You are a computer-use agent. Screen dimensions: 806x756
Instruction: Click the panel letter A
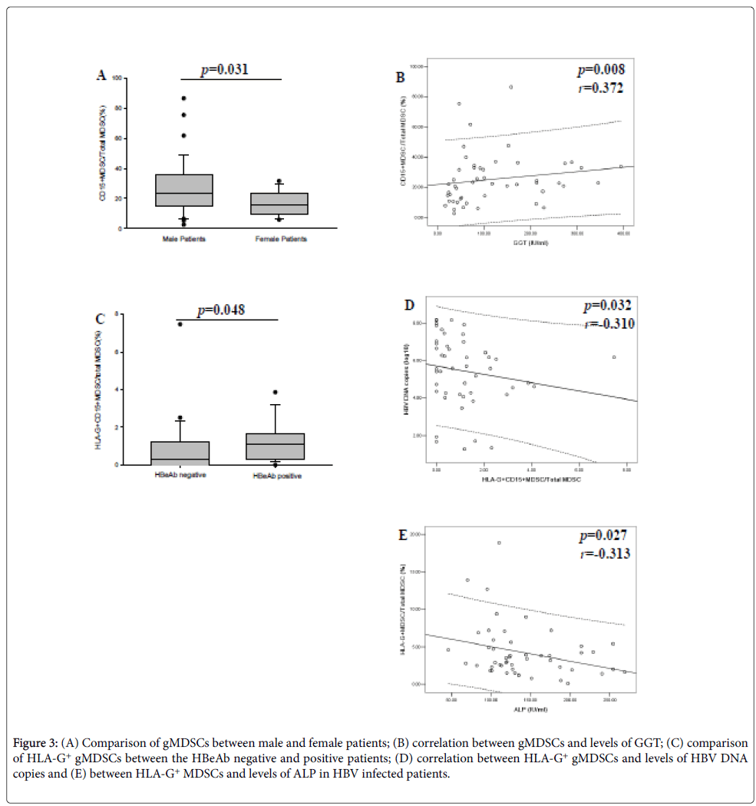(x=101, y=75)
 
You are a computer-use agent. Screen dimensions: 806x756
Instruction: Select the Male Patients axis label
(x=184, y=239)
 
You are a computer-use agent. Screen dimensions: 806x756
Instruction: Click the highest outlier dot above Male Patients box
(x=184, y=98)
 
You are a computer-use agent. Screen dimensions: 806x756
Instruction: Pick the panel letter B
(x=400, y=77)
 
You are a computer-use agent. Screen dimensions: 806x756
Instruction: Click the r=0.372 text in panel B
(x=601, y=88)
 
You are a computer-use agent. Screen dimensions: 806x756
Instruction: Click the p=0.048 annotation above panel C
(x=222, y=311)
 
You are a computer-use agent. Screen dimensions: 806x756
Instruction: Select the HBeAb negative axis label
(x=181, y=476)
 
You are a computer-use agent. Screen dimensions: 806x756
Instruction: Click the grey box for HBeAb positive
(x=276, y=446)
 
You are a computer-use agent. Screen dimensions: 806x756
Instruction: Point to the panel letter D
(x=409, y=306)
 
